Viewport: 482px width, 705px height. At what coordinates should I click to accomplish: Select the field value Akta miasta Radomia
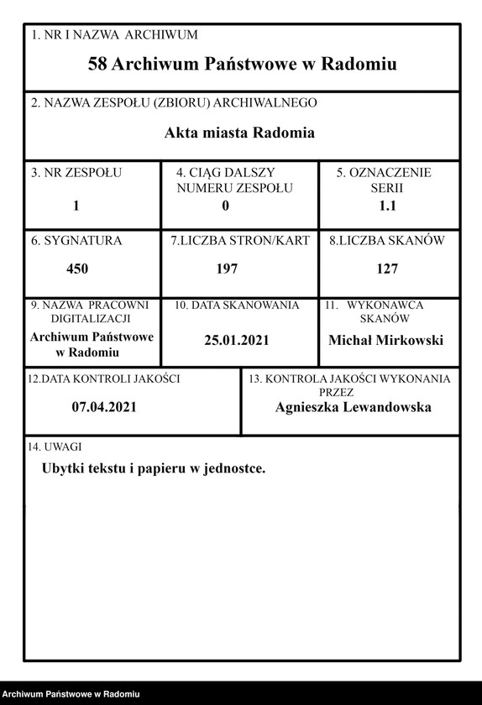click(239, 133)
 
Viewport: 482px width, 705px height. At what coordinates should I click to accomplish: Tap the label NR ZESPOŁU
click(76, 173)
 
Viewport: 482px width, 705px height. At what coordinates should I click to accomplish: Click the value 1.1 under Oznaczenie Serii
click(389, 205)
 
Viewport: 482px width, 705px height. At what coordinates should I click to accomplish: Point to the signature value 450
click(77, 269)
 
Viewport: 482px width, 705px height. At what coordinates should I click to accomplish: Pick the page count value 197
click(227, 269)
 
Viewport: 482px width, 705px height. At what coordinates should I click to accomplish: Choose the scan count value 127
click(387, 269)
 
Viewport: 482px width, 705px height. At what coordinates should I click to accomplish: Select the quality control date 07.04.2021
click(104, 407)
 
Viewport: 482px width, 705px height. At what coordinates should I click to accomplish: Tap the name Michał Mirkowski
click(385, 340)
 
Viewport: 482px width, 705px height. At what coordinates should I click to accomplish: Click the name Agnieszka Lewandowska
click(353, 407)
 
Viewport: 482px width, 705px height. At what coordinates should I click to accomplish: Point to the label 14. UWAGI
click(55, 446)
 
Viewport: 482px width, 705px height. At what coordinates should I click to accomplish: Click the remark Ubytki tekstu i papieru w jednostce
click(154, 468)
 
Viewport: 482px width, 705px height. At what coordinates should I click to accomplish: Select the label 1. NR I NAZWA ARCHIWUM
click(114, 35)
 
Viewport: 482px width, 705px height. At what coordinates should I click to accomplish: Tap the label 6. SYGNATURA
click(76, 241)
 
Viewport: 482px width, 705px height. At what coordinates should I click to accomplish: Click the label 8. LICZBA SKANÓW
click(386, 241)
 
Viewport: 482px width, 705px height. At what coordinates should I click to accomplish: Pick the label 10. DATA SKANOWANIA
click(237, 305)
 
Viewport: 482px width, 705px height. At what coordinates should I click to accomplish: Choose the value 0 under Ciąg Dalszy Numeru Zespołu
click(225, 205)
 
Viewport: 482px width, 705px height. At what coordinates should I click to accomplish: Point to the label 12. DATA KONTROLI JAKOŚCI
click(104, 379)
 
